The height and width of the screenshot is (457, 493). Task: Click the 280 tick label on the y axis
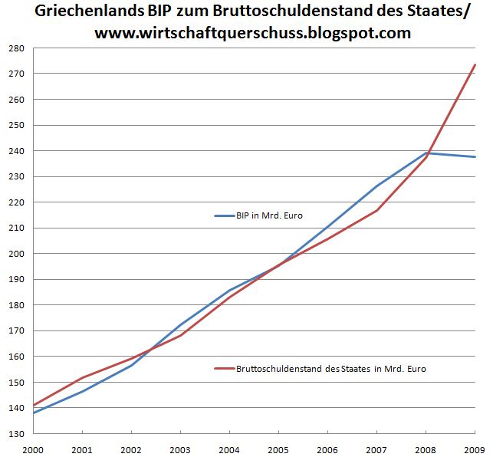[x=18, y=48]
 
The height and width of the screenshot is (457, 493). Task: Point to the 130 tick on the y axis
[x=18, y=434]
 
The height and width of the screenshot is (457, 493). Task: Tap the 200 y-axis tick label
[x=18, y=254]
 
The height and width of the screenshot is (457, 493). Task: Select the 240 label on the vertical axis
[x=18, y=151]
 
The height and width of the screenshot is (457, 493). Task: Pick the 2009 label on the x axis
[x=475, y=448]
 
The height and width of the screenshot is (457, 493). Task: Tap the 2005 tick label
[x=278, y=448]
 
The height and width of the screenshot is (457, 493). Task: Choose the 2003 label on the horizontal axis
[x=179, y=448]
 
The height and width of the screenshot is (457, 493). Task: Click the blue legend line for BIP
[x=226, y=216]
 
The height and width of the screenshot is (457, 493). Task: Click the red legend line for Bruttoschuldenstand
[x=226, y=369]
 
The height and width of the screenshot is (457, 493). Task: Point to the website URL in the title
[x=252, y=34]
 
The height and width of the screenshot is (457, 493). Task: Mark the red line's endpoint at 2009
[x=475, y=65]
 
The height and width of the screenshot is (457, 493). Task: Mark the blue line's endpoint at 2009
[x=475, y=157]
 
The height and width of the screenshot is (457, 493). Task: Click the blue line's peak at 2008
[x=426, y=153]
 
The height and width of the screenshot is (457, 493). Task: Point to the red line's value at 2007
[x=377, y=210]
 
